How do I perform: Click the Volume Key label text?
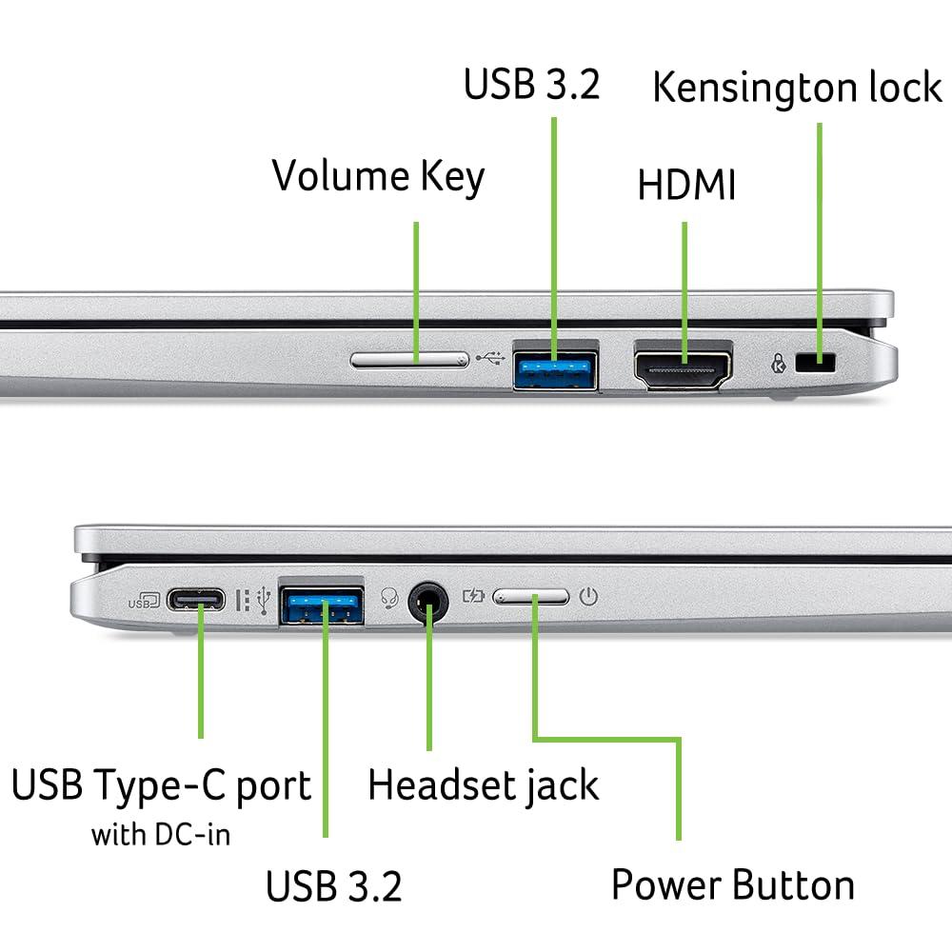[x=378, y=177]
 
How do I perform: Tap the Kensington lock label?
[x=797, y=88]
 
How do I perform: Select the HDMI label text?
[x=686, y=186]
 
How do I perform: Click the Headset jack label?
[x=483, y=785]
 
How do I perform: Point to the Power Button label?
[x=732, y=884]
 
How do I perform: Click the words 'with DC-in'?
[x=161, y=835]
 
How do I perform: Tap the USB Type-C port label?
[x=161, y=786]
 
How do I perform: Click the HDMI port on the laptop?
[x=683, y=367]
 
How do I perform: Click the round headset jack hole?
[x=428, y=602]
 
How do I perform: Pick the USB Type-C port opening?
[x=196, y=601]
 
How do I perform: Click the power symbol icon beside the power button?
[x=589, y=597]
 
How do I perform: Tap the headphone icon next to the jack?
[x=388, y=597]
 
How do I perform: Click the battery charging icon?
[x=473, y=597]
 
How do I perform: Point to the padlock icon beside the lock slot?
[x=780, y=363]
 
